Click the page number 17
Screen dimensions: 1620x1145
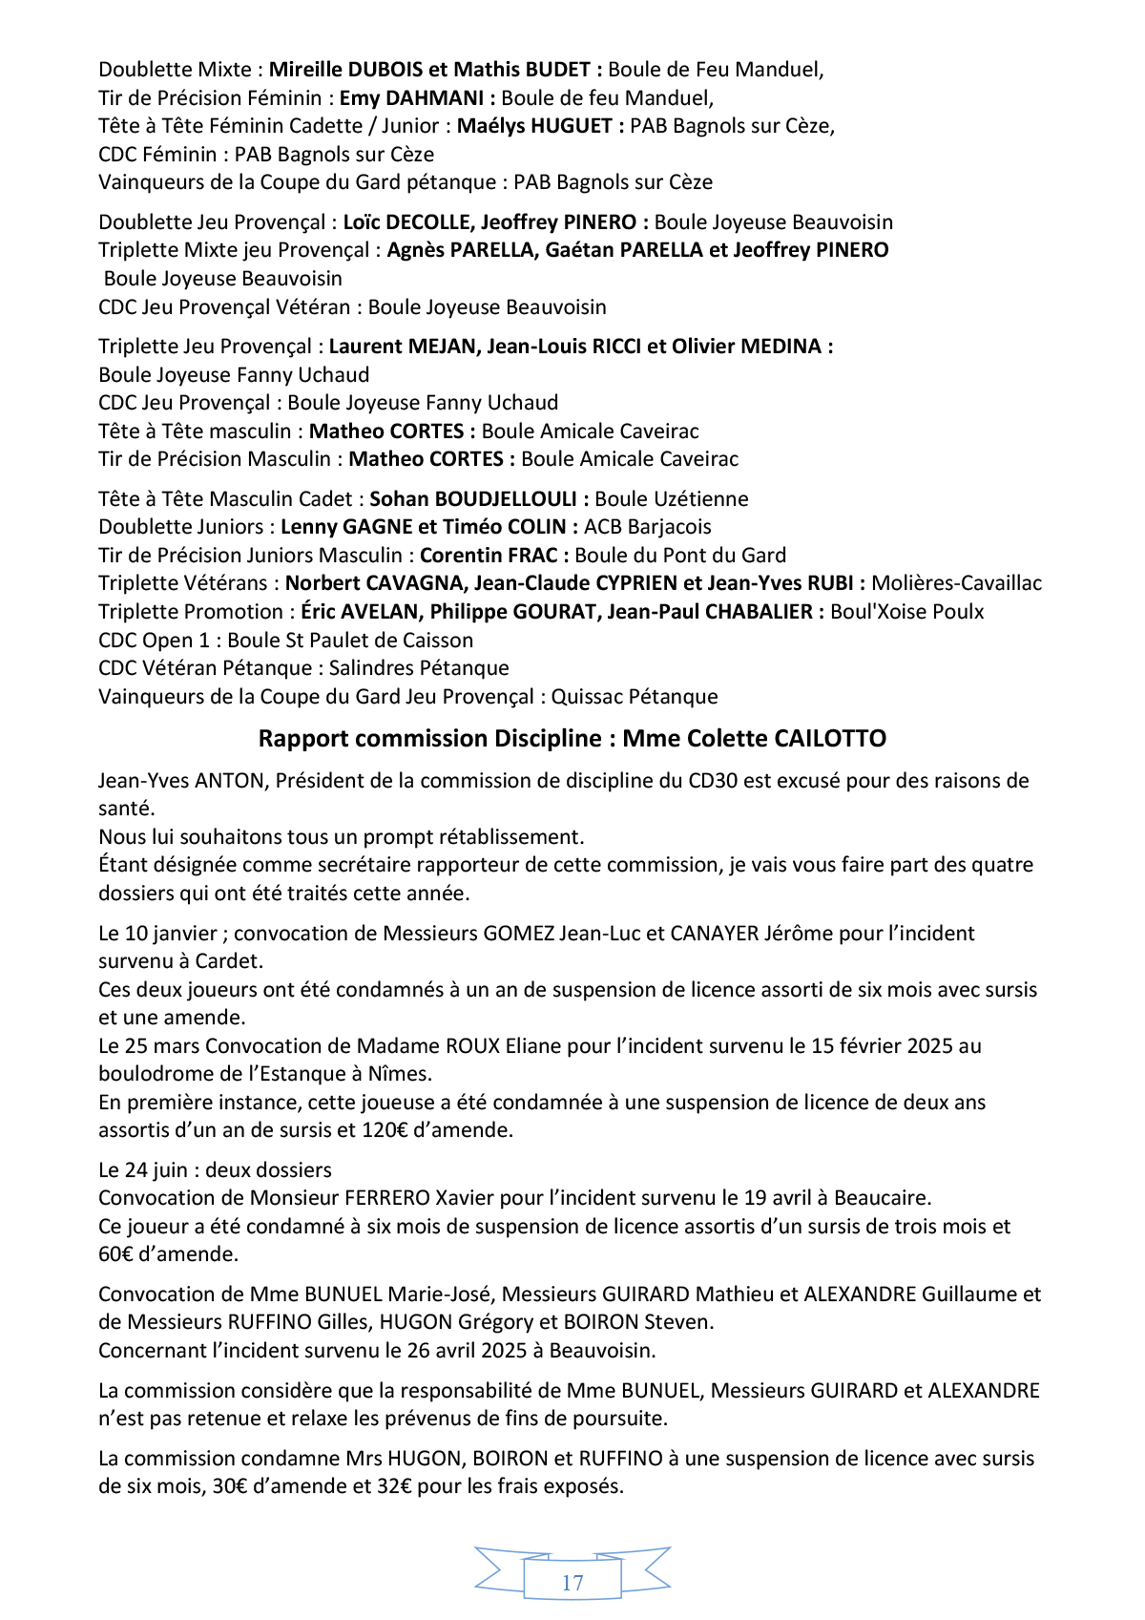[572, 1583]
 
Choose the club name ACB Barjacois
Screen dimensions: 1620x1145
[647, 527]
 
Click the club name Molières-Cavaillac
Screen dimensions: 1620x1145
[956, 583]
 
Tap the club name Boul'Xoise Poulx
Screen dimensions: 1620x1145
[906, 612]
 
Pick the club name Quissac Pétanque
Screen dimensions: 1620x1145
[634, 697]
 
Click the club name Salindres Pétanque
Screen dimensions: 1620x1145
[419, 668]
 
